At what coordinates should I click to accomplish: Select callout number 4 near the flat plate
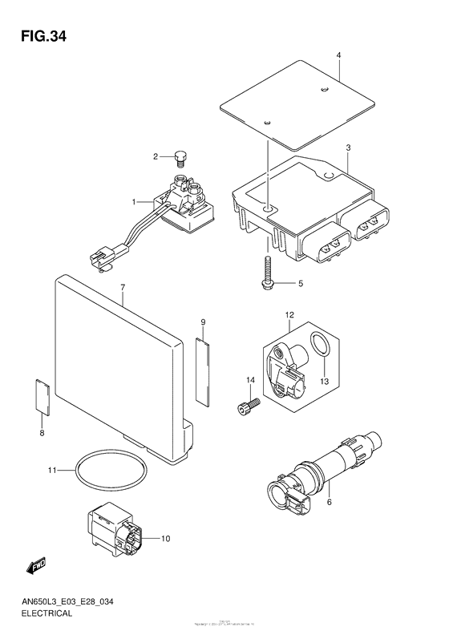338,55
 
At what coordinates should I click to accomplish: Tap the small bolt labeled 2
179,156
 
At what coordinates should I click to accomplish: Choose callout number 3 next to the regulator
349,149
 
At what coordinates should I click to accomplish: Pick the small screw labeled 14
247,406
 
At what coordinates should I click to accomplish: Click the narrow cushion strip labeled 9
202,368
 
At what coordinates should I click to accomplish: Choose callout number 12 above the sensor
289,315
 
